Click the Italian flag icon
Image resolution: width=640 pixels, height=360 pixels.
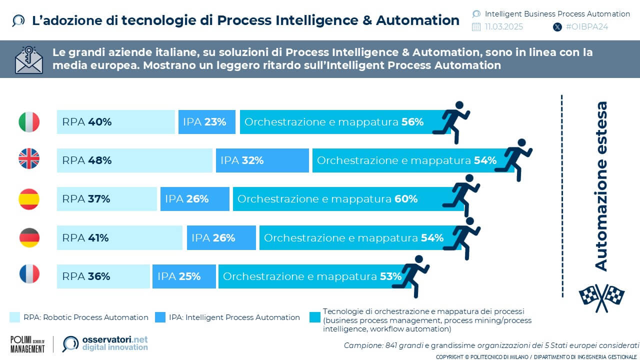tap(29, 122)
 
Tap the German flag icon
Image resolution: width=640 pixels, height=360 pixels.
tap(29, 237)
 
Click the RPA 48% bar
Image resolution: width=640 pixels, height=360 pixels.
tap(134, 160)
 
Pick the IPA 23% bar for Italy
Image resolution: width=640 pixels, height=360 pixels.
tap(206, 122)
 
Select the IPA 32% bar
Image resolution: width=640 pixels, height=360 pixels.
tap(262, 160)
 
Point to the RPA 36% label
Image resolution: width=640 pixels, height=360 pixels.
tap(85, 276)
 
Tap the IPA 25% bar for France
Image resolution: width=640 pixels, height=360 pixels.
tap(184, 276)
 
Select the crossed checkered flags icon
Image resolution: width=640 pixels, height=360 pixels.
tap(601, 295)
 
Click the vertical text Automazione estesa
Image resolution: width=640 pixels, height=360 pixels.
tap(601, 186)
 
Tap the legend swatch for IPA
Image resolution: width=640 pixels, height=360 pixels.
tap(160, 317)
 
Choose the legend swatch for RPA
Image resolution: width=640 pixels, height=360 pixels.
tap(15, 317)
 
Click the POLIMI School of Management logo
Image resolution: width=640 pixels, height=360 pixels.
tap(27, 344)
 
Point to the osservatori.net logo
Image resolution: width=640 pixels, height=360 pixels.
tap(105, 343)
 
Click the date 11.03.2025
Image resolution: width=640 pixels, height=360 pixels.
tap(503, 27)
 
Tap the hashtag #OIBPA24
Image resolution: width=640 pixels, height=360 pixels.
tap(586, 27)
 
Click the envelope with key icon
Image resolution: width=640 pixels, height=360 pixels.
tap(28, 59)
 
